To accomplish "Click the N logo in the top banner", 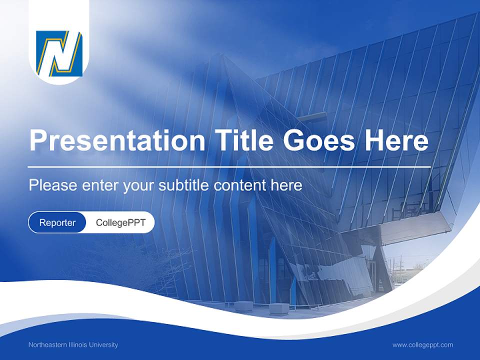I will pos(59,53).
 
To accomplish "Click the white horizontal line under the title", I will pos(229,166).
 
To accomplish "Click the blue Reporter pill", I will pos(57,222).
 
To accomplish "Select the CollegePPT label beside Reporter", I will pos(120,222).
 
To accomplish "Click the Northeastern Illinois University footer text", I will pos(73,345).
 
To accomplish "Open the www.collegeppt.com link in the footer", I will pos(422,345).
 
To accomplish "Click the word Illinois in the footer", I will pos(78,345).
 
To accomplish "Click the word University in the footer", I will pos(104,345).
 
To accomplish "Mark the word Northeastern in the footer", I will pos(47,345).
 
